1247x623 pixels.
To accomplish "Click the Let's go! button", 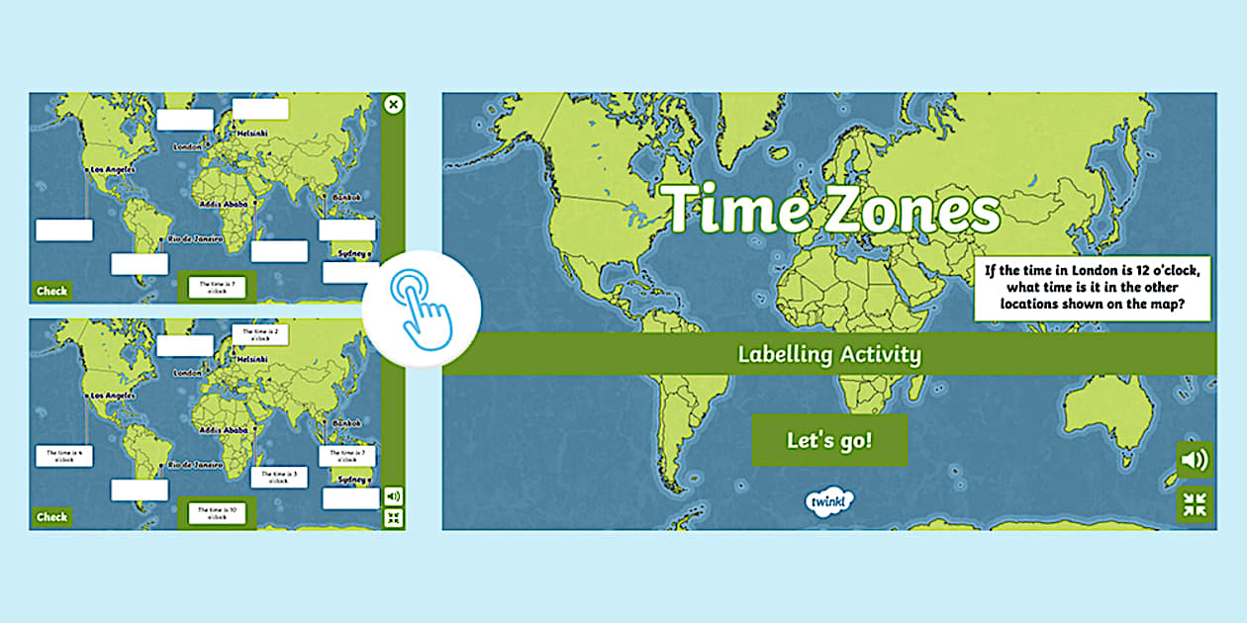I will pyautogui.click(x=829, y=440).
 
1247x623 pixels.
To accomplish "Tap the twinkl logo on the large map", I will pyautogui.click(x=828, y=501).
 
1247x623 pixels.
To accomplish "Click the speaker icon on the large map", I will pyautogui.click(x=1195, y=460).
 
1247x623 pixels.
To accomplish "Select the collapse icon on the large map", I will pyautogui.click(x=1195, y=503).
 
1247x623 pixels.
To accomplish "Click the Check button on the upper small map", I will pyautogui.click(x=51, y=291).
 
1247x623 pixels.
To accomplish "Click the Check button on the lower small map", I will pyautogui.click(x=51, y=516).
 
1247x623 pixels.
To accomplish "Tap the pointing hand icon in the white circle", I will pyautogui.click(x=422, y=309).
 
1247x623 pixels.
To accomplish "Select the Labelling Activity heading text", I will pyautogui.click(x=829, y=354).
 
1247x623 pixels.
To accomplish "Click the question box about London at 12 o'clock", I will pyautogui.click(x=1094, y=290).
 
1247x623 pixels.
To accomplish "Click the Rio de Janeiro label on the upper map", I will pyautogui.click(x=193, y=239).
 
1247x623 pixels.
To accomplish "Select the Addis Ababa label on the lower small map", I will pyautogui.click(x=223, y=430).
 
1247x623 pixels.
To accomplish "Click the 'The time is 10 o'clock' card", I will pyautogui.click(x=218, y=513).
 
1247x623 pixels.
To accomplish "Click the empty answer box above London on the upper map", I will pyautogui.click(x=185, y=120).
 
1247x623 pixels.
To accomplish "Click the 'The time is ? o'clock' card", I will pyautogui.click(x=218, y=287).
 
